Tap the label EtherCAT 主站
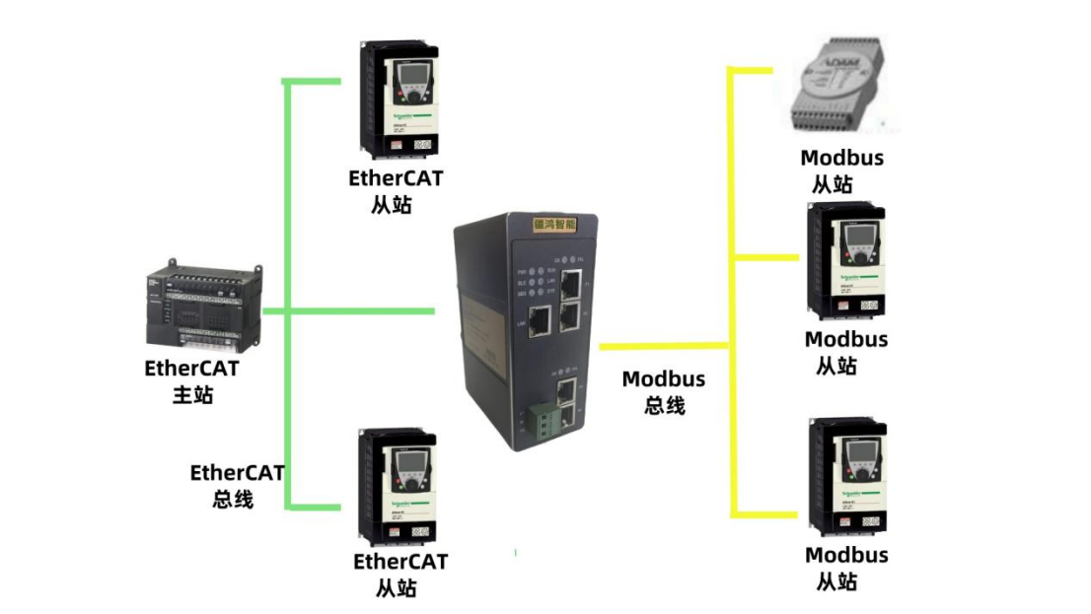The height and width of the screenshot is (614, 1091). click(x=192, y=381)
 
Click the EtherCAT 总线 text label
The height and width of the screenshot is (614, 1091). click(x=237, y=485)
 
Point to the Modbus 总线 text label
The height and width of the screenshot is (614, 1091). click(x=664, y=391)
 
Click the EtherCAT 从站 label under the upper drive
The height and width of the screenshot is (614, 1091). click(x=395, y=191)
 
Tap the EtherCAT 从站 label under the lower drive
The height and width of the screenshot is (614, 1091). click(x=400, y=575)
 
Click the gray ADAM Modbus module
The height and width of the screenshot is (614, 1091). click(x=844, y=89)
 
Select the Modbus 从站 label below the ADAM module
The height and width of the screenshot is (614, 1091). click(x=841, y=171)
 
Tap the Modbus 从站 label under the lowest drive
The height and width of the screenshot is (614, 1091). click(x=845, y=569)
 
